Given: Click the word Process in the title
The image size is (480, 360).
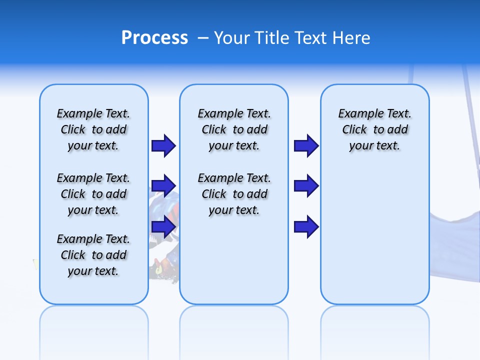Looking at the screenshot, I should (154, 38).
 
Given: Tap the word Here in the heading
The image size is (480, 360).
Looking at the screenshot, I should (351, 38).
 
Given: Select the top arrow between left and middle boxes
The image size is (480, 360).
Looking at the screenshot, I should (163, 146).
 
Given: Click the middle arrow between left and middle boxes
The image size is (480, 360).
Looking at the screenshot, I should (163, 186).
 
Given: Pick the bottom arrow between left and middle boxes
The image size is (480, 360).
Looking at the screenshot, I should (163, 227).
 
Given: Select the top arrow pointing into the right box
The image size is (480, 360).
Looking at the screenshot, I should (306, 146).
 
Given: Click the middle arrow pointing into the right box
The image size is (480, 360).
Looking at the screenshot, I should (306, 186).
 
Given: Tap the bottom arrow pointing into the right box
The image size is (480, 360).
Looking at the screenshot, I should (306, 227).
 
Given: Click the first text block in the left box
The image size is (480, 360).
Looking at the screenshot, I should (93, 129).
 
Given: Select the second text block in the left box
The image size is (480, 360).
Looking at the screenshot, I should (93, 194).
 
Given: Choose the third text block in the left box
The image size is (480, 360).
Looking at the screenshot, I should (93, 255).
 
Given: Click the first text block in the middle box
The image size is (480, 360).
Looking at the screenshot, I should (234, 129).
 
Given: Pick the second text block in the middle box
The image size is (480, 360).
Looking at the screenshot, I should (234, 194).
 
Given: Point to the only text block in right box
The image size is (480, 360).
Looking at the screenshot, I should (374, 129).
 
